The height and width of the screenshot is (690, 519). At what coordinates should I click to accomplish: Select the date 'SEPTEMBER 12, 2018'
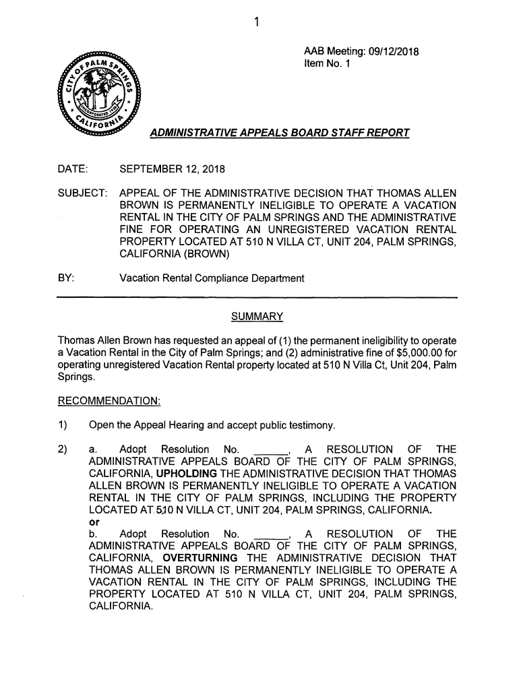(172, 168)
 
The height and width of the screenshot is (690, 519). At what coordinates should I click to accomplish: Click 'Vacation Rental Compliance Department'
(212, 278)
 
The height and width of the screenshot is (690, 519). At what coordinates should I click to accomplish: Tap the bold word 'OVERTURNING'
(200, 558)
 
